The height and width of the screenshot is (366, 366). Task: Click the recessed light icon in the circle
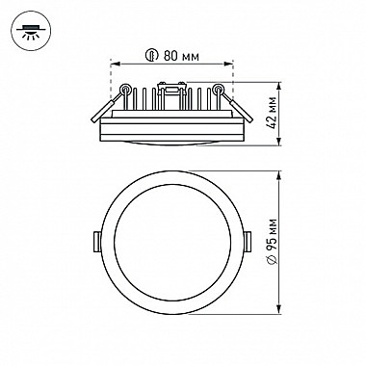coord(31,30)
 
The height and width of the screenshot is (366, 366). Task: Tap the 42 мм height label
coord(273,113)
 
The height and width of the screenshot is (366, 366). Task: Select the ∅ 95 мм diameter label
coord(273,242)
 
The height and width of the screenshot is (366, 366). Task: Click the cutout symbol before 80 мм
coord(151,56)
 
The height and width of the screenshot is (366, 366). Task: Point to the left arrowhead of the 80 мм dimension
coord(115,65)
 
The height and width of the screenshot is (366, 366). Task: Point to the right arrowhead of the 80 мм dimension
coord(228,65)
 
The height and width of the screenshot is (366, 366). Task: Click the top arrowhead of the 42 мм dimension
coord(280,86)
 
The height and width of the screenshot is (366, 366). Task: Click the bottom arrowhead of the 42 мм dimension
coord(280,142)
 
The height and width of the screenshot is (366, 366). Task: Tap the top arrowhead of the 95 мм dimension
coord(280,175)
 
